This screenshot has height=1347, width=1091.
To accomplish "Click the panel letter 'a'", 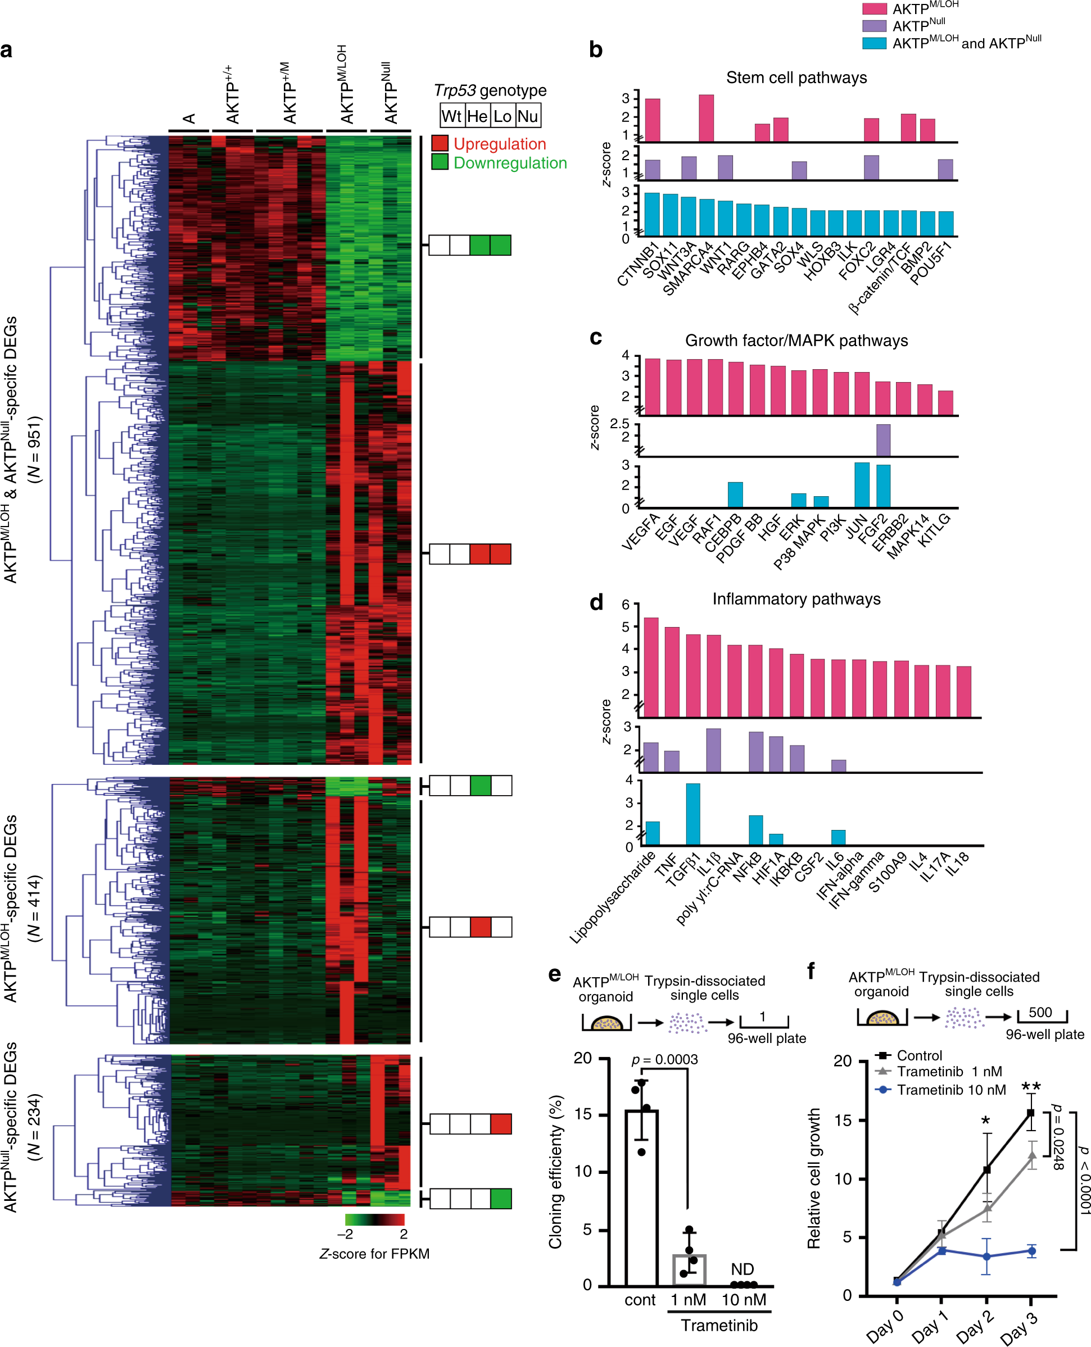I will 7,50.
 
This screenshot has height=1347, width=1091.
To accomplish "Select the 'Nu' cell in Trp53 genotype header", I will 528,116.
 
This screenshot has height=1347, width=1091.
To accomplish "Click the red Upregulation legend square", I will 440,143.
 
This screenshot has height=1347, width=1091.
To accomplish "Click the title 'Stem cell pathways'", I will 796,78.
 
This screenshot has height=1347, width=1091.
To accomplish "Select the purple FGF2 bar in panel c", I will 883,440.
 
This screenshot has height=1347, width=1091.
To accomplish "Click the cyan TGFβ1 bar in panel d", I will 692,814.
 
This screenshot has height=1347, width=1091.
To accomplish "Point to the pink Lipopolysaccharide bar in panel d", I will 651,667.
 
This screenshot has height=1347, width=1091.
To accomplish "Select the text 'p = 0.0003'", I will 664,1060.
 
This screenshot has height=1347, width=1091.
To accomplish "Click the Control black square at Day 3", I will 1031,1113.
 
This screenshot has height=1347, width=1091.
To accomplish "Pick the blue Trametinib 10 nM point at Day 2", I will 986,1257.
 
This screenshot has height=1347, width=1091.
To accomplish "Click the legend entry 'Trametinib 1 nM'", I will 949,1072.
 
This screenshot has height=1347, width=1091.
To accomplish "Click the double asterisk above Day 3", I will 1031,1087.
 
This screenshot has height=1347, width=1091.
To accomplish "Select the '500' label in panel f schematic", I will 1040,1012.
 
